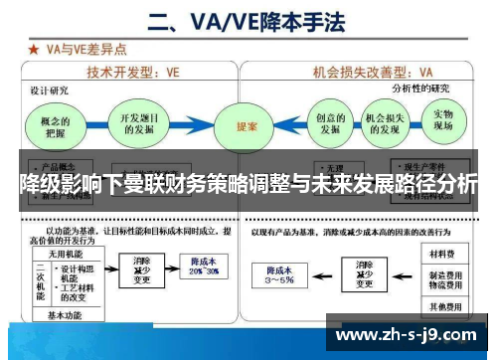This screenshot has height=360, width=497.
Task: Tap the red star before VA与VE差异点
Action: tap(34, 47)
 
